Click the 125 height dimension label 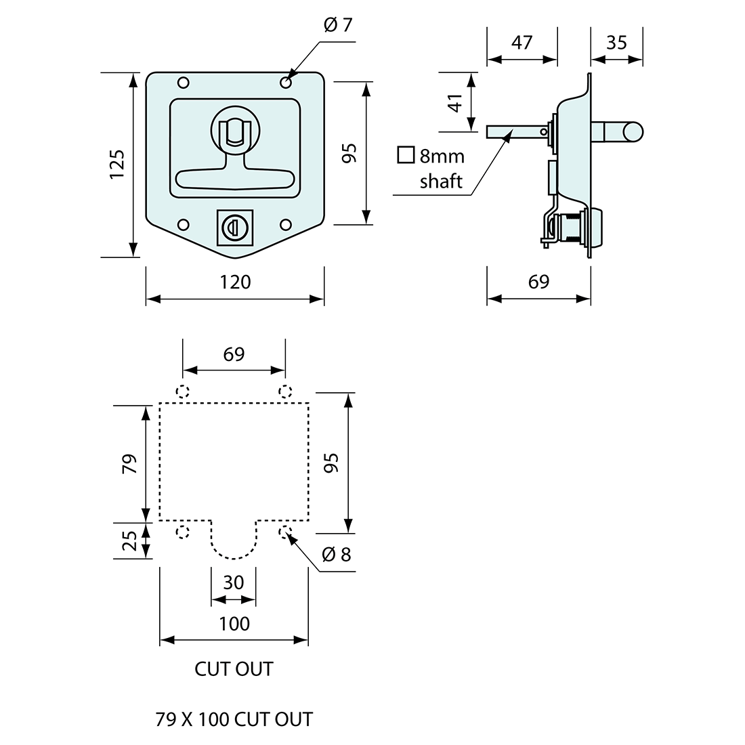pyautogui.click(x=117, y=165)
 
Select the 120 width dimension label pyautogui.click(x=235, y=281)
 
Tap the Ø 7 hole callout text pyautogui.click(x=339, y=26)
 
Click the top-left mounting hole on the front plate pyautogui.click(x=183, y=83)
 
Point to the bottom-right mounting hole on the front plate pyautogui.click(x=285, y=225)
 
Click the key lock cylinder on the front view pyautogui.click(x=231, y=226)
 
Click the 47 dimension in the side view pyautogui.click(x=521, y=42)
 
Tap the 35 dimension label pyautogui.click(x=616, y=42)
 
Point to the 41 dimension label pyautogui.click(x=456, y=102)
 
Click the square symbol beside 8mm pyautogui.click(x=406, y=155)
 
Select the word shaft pyautogui.click(x=441, y=181)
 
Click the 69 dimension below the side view pyautogui.click(x=538, y=281)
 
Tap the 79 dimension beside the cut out pyautogui.click(x=130, y=463)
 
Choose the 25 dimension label pyautogui.click(x=130, y=540)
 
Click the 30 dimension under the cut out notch pyautogui.click(x=234, y=582)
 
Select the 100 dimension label pyautogui.click(x=234, y=623)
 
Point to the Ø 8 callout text pyautogui.click(x=337, y=555)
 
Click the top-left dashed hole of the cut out pyautogui.click(x=182, y=391)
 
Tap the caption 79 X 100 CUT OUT pyautogui.click(x=234, y=719)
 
